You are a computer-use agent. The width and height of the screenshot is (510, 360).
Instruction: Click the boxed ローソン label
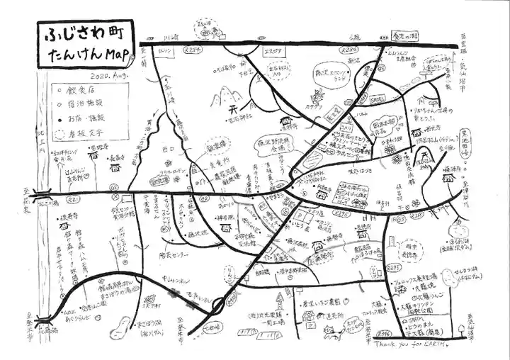coord(165,51)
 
